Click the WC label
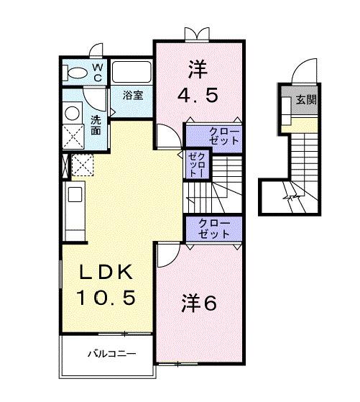[98, 73]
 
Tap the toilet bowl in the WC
[73, 72]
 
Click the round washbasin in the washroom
[73, 113]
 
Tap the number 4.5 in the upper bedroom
[197, 94]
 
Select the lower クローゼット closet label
[214, 228]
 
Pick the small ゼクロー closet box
[195, 165]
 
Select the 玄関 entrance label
[306, 100]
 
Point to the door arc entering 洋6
[167, 253]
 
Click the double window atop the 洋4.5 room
[196, 34]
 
